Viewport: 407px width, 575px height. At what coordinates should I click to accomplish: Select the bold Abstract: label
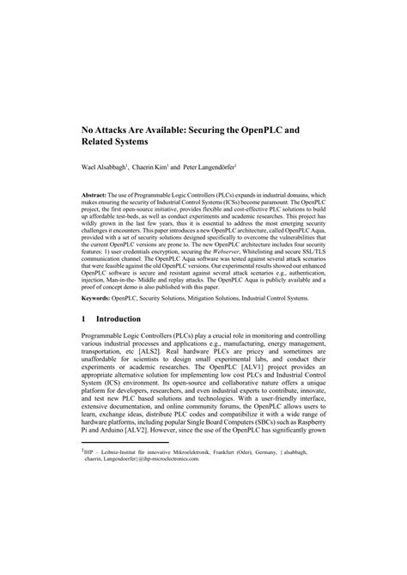click(x=99, y=196)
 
